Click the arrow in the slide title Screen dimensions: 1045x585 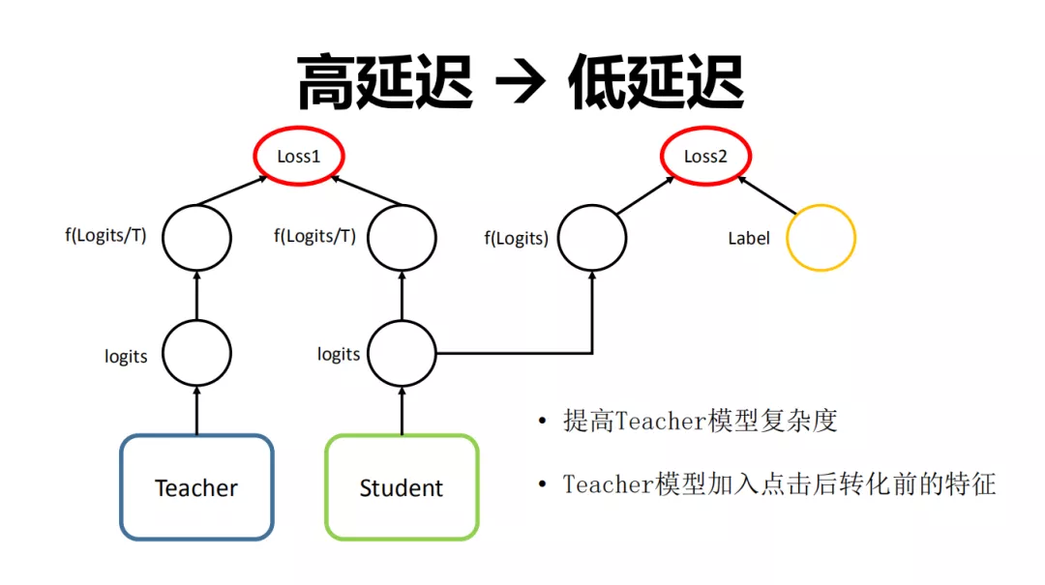pos(521,82)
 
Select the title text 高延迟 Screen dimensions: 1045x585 pos(384,82)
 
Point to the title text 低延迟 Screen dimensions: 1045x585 pos(656,82)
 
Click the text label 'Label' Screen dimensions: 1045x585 pos(748,239)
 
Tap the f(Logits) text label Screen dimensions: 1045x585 pos(516,239)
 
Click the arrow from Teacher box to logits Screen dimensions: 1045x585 pos(196,410)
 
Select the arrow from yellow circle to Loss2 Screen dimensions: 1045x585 pos(766,195)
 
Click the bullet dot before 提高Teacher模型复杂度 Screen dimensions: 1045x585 pos(543,421)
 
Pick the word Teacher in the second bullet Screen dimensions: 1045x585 pos(608,484)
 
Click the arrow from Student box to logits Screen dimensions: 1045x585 pos(402,410)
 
